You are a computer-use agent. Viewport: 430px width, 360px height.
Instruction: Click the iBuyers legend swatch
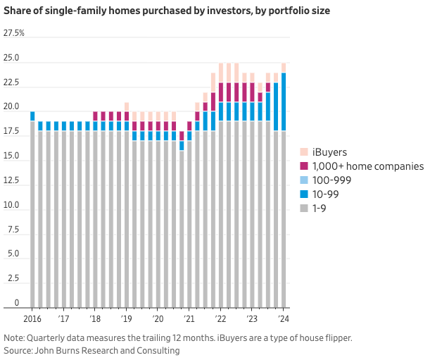303,152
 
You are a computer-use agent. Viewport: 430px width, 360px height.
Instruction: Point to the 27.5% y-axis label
14,33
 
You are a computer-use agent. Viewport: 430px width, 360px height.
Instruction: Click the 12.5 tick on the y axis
11,181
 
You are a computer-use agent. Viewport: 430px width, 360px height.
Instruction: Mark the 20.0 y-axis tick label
11,107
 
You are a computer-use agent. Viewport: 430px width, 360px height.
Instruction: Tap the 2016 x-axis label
32,319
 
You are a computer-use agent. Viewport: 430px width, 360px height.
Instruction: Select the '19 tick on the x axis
127,319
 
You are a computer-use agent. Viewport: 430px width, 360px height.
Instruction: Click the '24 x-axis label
284,319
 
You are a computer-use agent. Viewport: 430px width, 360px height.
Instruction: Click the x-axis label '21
189,319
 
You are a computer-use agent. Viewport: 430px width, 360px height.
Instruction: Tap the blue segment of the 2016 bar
32,116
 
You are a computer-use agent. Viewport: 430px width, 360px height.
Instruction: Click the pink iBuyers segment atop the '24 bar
284,68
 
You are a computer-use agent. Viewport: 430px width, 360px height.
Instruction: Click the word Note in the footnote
14,337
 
